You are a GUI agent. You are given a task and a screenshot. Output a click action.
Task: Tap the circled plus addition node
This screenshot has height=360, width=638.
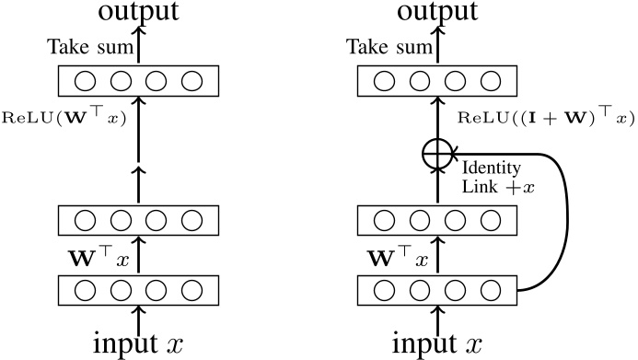tap(436, 156)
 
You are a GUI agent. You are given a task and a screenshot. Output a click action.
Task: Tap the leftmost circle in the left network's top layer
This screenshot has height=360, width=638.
tap(86, 82)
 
